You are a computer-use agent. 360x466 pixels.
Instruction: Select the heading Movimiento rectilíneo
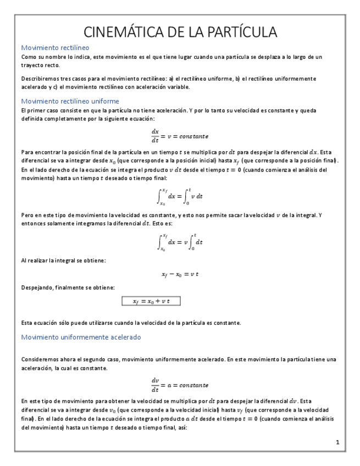54,48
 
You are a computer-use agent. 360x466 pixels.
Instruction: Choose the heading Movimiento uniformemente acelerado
81,337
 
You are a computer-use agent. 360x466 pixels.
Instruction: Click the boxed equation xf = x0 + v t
151,301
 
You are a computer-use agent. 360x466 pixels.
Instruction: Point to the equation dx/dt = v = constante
180,135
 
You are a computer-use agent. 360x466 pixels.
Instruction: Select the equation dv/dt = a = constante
180,383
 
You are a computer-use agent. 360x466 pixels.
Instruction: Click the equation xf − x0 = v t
180,274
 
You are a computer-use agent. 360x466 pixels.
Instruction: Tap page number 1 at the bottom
337,442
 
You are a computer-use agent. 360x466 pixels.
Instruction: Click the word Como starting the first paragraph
27,57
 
